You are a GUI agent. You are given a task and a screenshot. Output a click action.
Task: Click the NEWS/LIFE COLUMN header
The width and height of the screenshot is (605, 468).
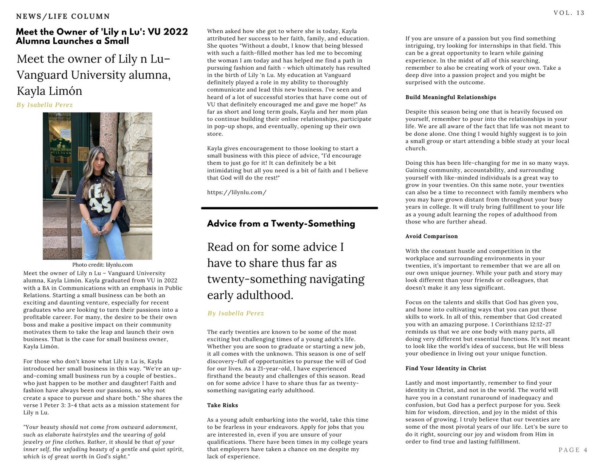click(63, 16)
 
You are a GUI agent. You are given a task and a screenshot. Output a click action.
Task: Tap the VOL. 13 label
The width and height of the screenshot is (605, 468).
click(569, 13)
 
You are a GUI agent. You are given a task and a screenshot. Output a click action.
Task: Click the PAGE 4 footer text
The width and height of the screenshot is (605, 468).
click(573, 450)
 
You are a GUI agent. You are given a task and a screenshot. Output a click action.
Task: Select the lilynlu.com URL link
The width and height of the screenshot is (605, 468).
click(237, 192)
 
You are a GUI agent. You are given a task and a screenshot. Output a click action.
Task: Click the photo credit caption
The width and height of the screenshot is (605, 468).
click(102, 265)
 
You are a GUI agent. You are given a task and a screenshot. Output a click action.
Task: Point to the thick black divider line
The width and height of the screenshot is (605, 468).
click(290, 208)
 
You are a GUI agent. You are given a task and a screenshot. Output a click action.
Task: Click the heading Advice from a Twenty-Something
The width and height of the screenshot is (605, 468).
click(281, 223)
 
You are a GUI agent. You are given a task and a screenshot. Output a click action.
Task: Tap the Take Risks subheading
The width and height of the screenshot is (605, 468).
click(222, 405)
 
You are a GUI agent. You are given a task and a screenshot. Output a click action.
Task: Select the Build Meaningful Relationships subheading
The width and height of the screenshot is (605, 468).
click(451, 97)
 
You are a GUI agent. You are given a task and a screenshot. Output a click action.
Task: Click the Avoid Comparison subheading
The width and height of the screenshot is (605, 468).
click(431, 236)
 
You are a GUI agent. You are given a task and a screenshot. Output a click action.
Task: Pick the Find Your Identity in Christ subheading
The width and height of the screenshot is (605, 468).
click(446, 368)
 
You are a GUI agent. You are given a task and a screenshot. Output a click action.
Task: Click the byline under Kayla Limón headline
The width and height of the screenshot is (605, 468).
click(45, 105)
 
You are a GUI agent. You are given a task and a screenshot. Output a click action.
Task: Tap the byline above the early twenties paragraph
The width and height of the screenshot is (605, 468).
click(236, 313)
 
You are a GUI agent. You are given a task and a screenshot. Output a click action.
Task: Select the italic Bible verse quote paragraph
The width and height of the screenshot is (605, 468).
click(103, 442)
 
